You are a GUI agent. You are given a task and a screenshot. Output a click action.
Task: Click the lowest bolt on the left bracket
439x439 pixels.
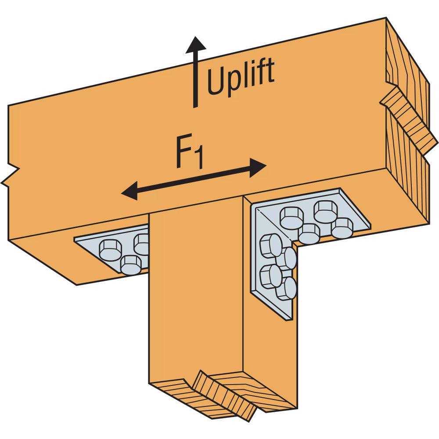130,265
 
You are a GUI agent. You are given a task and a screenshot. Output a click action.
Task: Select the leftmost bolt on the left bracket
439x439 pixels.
108,249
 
